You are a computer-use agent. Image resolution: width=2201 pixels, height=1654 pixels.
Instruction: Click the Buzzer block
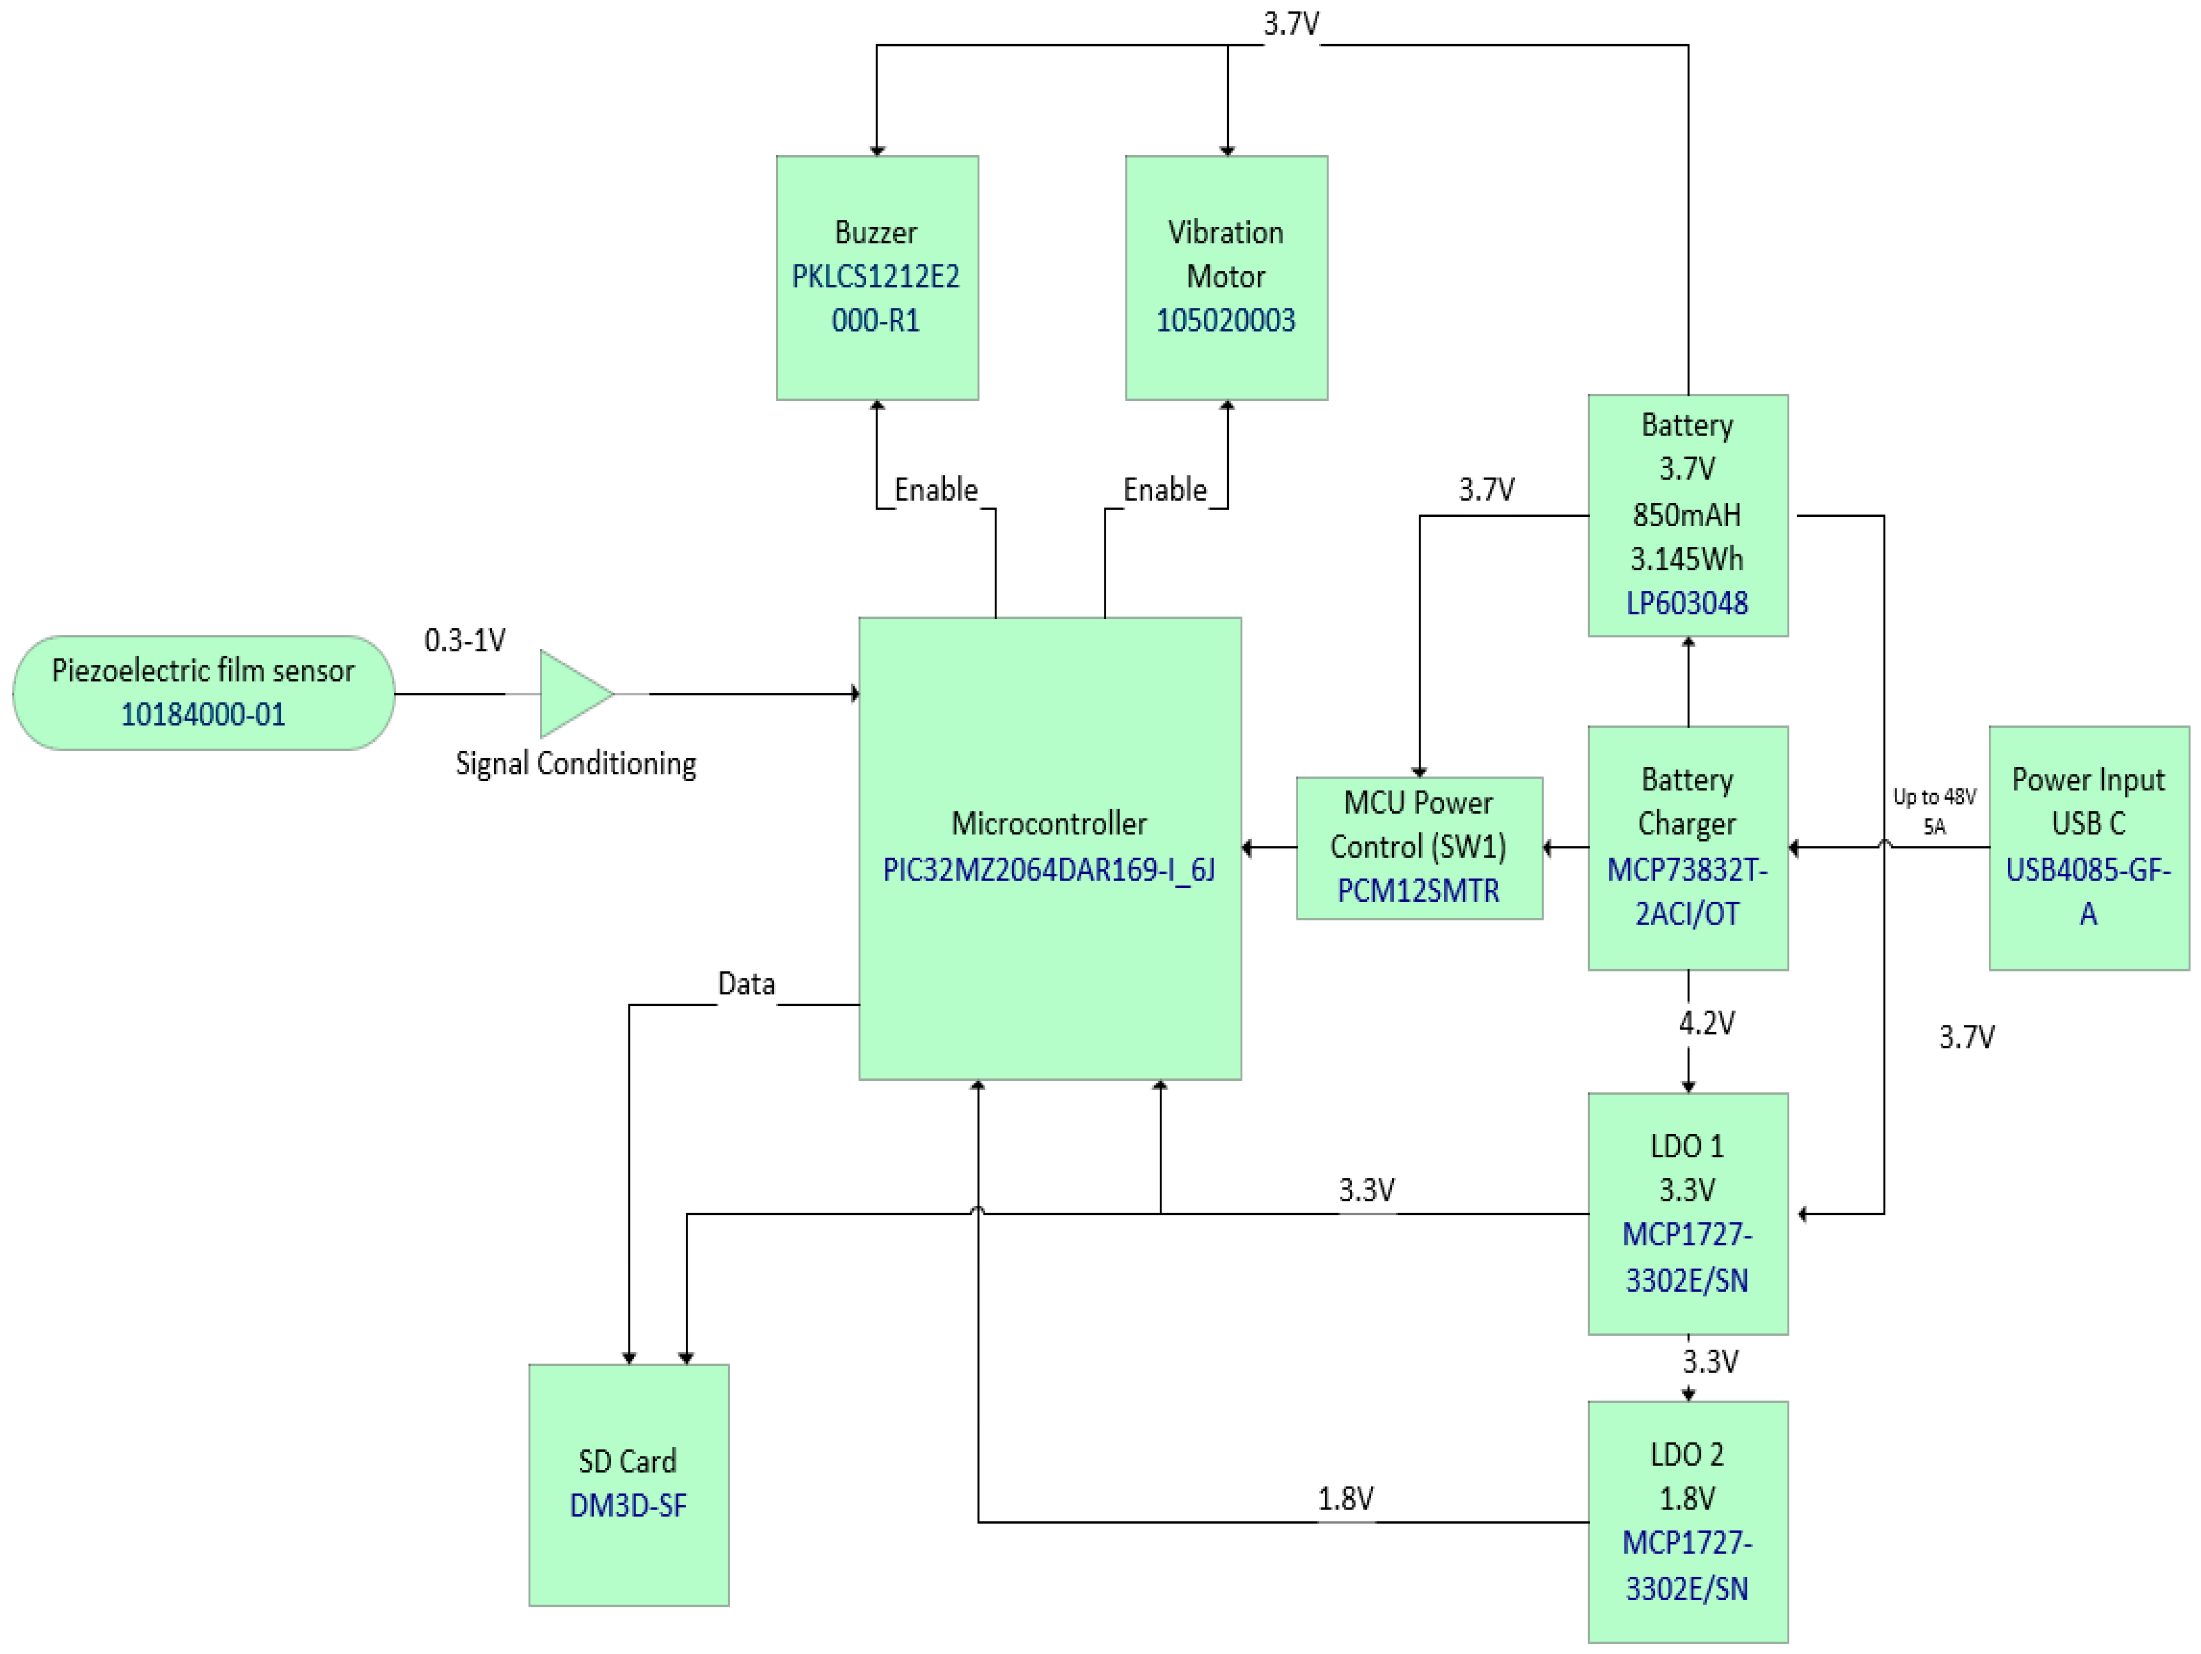[877, 278]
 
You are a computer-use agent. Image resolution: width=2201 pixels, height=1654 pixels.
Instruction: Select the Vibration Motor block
[1226, 278]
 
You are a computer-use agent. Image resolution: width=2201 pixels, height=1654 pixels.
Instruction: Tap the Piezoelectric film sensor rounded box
[203, 693]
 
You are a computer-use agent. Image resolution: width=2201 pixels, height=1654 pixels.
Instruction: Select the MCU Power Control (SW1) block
[1419, 847]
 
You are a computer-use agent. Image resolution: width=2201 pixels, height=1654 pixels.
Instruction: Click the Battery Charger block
[1687, 847]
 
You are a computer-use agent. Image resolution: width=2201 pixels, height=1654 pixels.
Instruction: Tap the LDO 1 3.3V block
[1687, 1213]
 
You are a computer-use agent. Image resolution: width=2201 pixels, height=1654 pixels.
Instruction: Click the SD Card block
[628, 1484]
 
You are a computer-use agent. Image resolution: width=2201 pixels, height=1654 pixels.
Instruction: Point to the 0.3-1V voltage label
[465, 640]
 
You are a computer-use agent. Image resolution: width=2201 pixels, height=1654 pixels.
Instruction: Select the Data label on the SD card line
[746, 984]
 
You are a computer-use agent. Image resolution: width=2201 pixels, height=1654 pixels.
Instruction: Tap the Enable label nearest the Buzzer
[936, 489]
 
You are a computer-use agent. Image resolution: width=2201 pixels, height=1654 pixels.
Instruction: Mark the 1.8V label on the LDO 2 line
[1345, 1498]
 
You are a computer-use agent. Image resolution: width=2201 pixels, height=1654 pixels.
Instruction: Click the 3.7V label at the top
[1290, 23]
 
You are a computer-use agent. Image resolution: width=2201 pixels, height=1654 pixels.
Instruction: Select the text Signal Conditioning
[575, 763]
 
